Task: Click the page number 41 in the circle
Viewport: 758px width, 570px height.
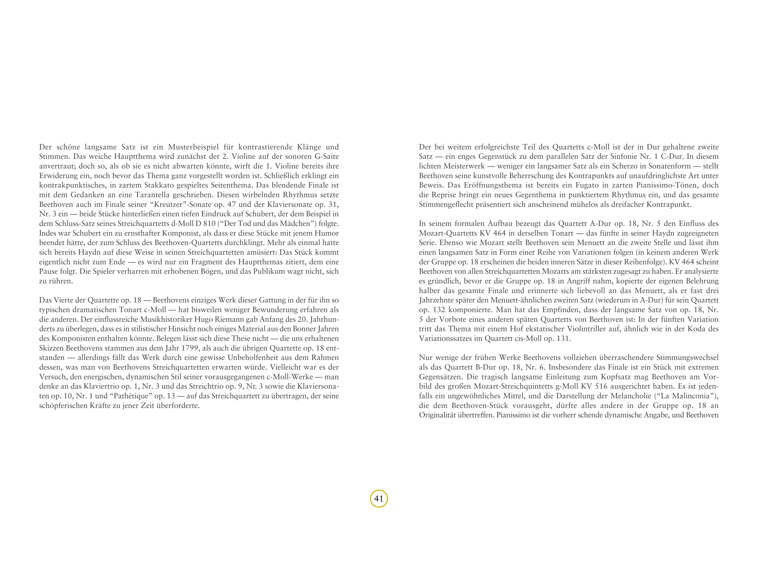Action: point(379,499)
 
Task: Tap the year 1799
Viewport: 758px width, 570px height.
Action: point(190,348)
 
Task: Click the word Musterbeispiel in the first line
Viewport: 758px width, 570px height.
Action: point(193,147)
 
